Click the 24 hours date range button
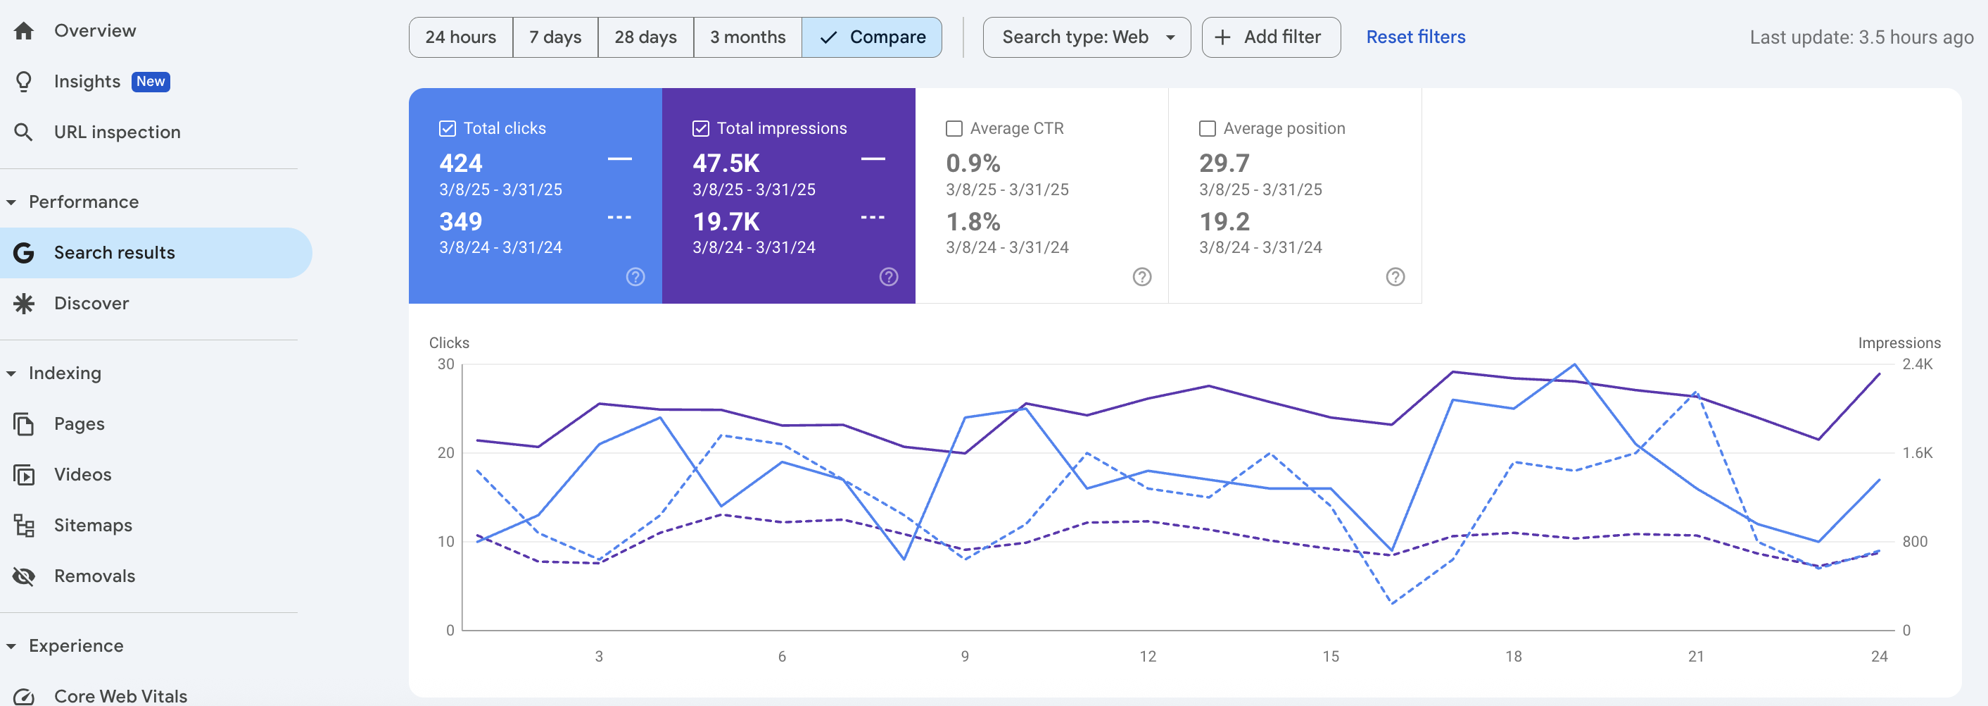click(461, 37)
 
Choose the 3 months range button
click(748, 37)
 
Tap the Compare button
click(872, 37)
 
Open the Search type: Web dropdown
click(1087, 37)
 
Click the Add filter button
click(1271, 37)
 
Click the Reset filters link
click(1415, 37)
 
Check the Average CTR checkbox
click(954, 128)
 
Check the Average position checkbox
click(1207, 128)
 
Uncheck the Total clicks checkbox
click(448, 128)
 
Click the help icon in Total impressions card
click(888, 276)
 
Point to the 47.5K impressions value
click(726, 163)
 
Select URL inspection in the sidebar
click(117, 132)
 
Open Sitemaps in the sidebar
click(93, 525)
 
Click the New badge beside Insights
click(151, 81)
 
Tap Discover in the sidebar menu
click(91, 304)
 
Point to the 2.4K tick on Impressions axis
click(1917, 364)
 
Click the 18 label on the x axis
click(1514, 656)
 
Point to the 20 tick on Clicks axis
click(446, 452)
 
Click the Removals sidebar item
click(94, 576)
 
